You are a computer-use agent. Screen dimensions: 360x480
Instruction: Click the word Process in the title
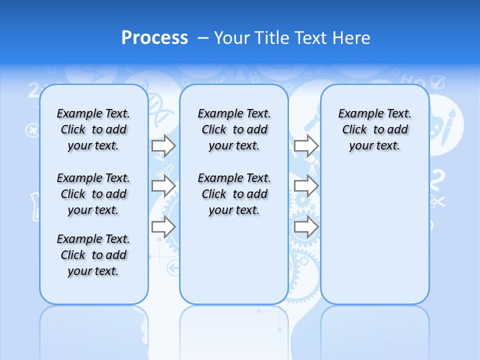coord(154,37)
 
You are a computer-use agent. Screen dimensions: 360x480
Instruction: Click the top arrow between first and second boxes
coord(163,145)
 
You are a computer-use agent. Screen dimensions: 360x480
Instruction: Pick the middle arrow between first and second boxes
coord(163,186)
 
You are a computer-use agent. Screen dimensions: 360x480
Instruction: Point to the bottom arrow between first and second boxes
coord(163,226)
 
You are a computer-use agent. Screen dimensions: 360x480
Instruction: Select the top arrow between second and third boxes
coord(306,146)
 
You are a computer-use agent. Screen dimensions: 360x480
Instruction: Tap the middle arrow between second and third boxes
coord(306,186)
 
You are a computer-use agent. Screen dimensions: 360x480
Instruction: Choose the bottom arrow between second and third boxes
coord(306,226)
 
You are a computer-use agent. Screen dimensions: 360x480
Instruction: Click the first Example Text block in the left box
coord(93,129)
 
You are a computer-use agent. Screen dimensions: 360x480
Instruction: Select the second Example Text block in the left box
coord(93,194)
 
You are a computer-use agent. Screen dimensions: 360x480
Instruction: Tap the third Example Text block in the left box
coord(93,255)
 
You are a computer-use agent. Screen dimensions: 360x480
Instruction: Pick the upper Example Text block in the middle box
coord(234,129)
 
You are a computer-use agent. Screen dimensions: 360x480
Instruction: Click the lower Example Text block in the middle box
coord(234,194)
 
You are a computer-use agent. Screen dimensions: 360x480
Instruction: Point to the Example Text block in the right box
coord(374,129)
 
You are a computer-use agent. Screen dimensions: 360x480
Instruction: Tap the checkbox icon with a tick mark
coord(437,82)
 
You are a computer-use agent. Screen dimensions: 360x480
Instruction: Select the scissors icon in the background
coord(436,202)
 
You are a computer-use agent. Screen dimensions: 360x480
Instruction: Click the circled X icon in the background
coord(32,130)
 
